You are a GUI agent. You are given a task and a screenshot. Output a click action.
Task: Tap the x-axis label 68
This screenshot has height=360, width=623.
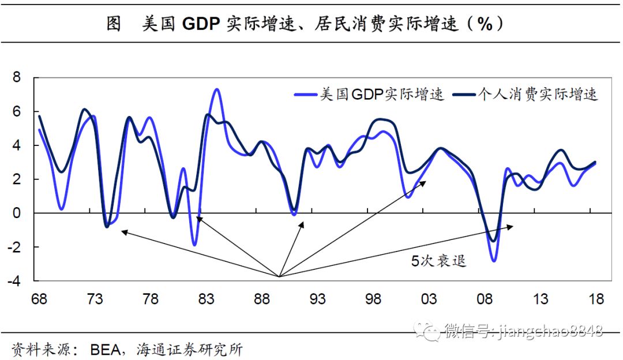coord(39,299)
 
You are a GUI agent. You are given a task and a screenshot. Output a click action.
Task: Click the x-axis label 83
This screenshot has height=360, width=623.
coord(206,299)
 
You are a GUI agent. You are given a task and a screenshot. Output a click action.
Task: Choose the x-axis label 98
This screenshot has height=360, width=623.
coord(373,299)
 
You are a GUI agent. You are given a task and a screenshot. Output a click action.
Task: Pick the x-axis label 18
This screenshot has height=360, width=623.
coord(596,299)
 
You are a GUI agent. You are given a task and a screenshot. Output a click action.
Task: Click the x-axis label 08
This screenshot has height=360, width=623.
coord(485,299)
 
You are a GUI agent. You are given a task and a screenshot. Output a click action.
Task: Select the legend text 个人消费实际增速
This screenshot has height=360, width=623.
coord(537,95)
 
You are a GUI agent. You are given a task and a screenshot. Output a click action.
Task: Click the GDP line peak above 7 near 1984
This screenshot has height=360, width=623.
coord(216,89)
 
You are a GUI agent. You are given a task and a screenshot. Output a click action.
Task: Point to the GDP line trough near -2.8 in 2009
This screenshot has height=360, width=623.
coord(494,261)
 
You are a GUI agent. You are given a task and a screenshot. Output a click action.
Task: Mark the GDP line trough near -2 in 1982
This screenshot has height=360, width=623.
coord(195,245)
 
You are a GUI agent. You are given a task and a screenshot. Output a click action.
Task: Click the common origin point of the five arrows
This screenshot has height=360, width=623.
coord(279,277)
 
